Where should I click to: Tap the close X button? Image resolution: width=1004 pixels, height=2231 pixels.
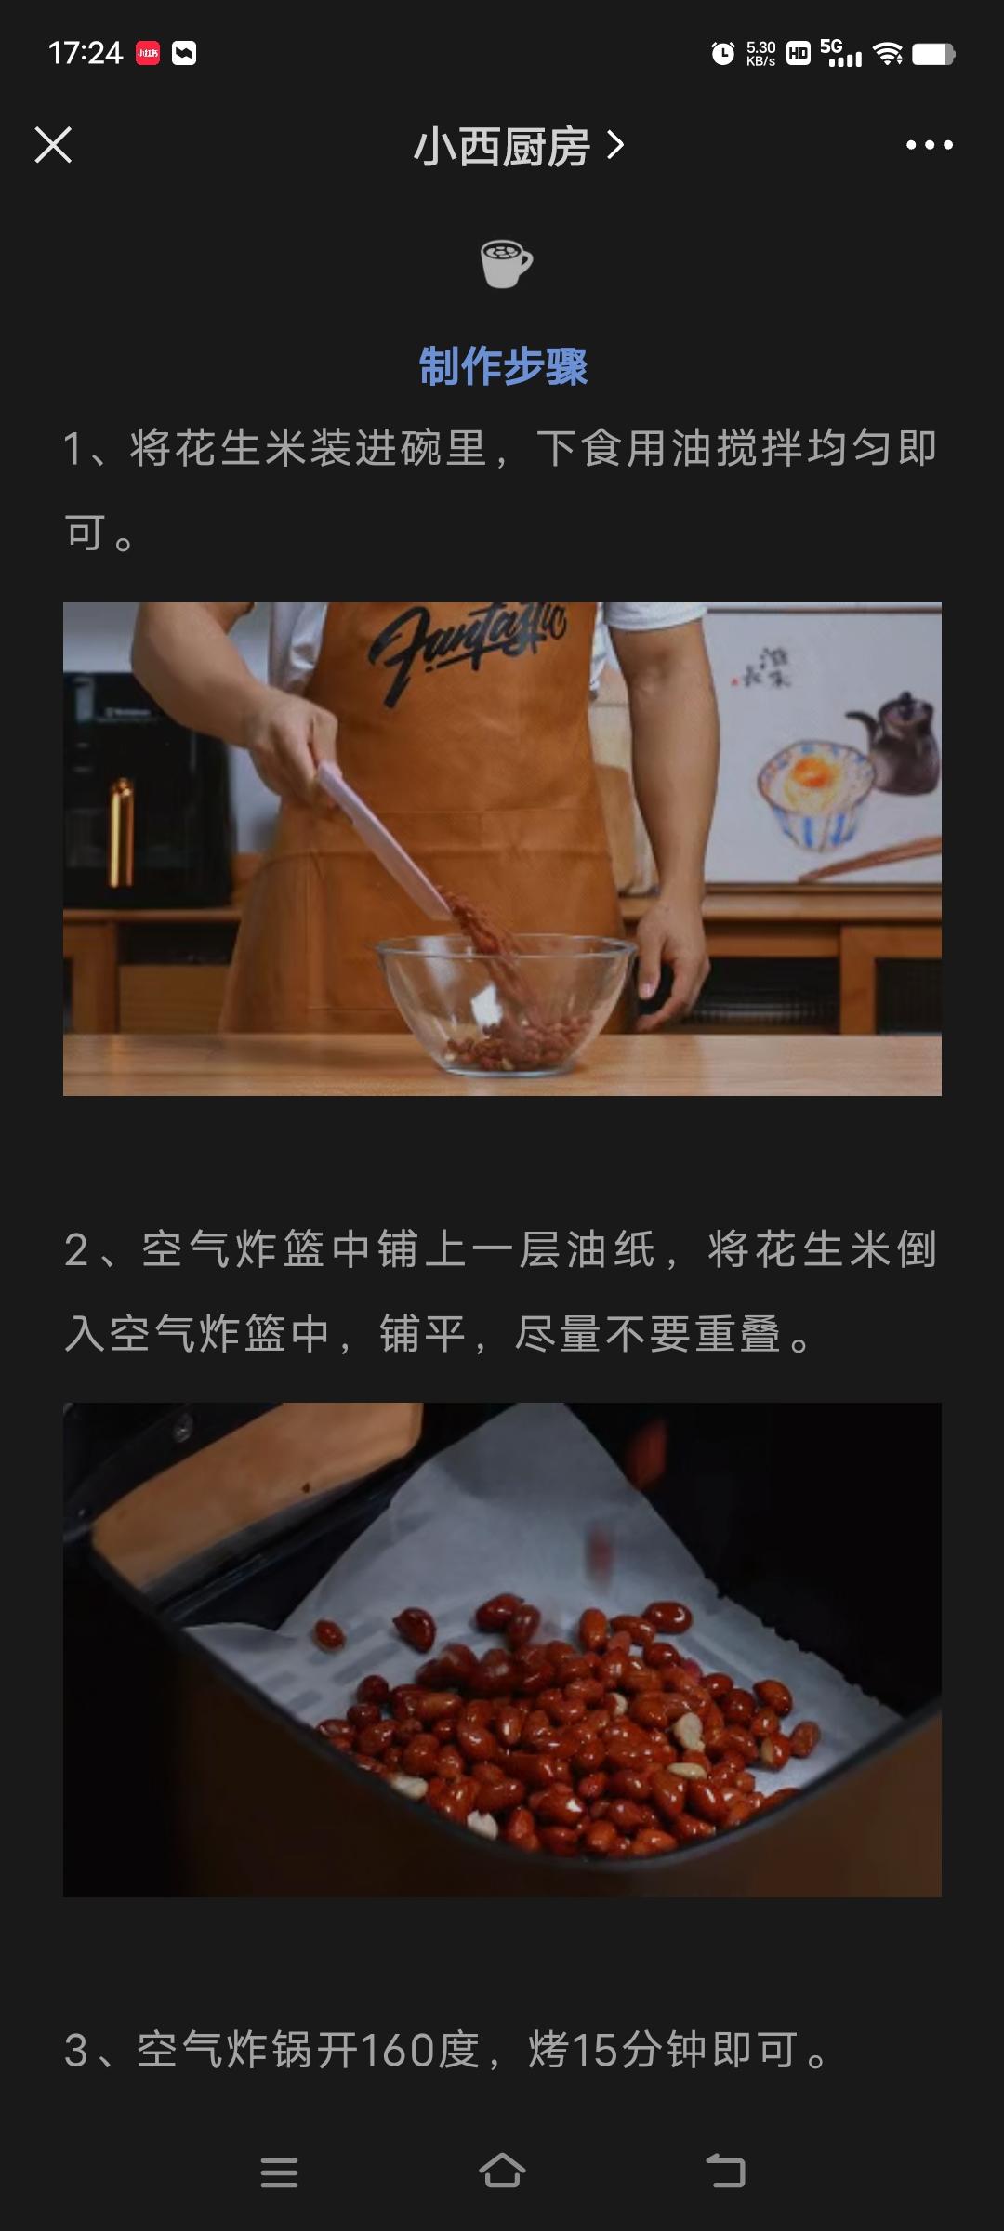[53, 145]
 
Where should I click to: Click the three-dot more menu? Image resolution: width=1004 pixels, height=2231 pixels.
[930, 145]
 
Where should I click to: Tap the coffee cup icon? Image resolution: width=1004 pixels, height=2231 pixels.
[506, 263]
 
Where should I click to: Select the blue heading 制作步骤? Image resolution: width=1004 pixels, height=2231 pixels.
[503, 366]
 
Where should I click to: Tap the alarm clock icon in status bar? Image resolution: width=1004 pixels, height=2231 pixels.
[722, 54]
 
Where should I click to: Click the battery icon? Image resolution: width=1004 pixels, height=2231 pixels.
[933, 54]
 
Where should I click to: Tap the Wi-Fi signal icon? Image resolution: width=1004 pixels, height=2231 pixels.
[888, 54]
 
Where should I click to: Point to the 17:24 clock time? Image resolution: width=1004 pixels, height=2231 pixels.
[86, 53]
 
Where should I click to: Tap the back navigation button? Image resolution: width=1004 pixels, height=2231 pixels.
[726, 2172]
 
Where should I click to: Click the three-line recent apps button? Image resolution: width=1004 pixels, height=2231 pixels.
[279, 2172]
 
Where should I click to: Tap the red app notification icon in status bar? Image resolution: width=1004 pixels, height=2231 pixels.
[148, 53]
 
